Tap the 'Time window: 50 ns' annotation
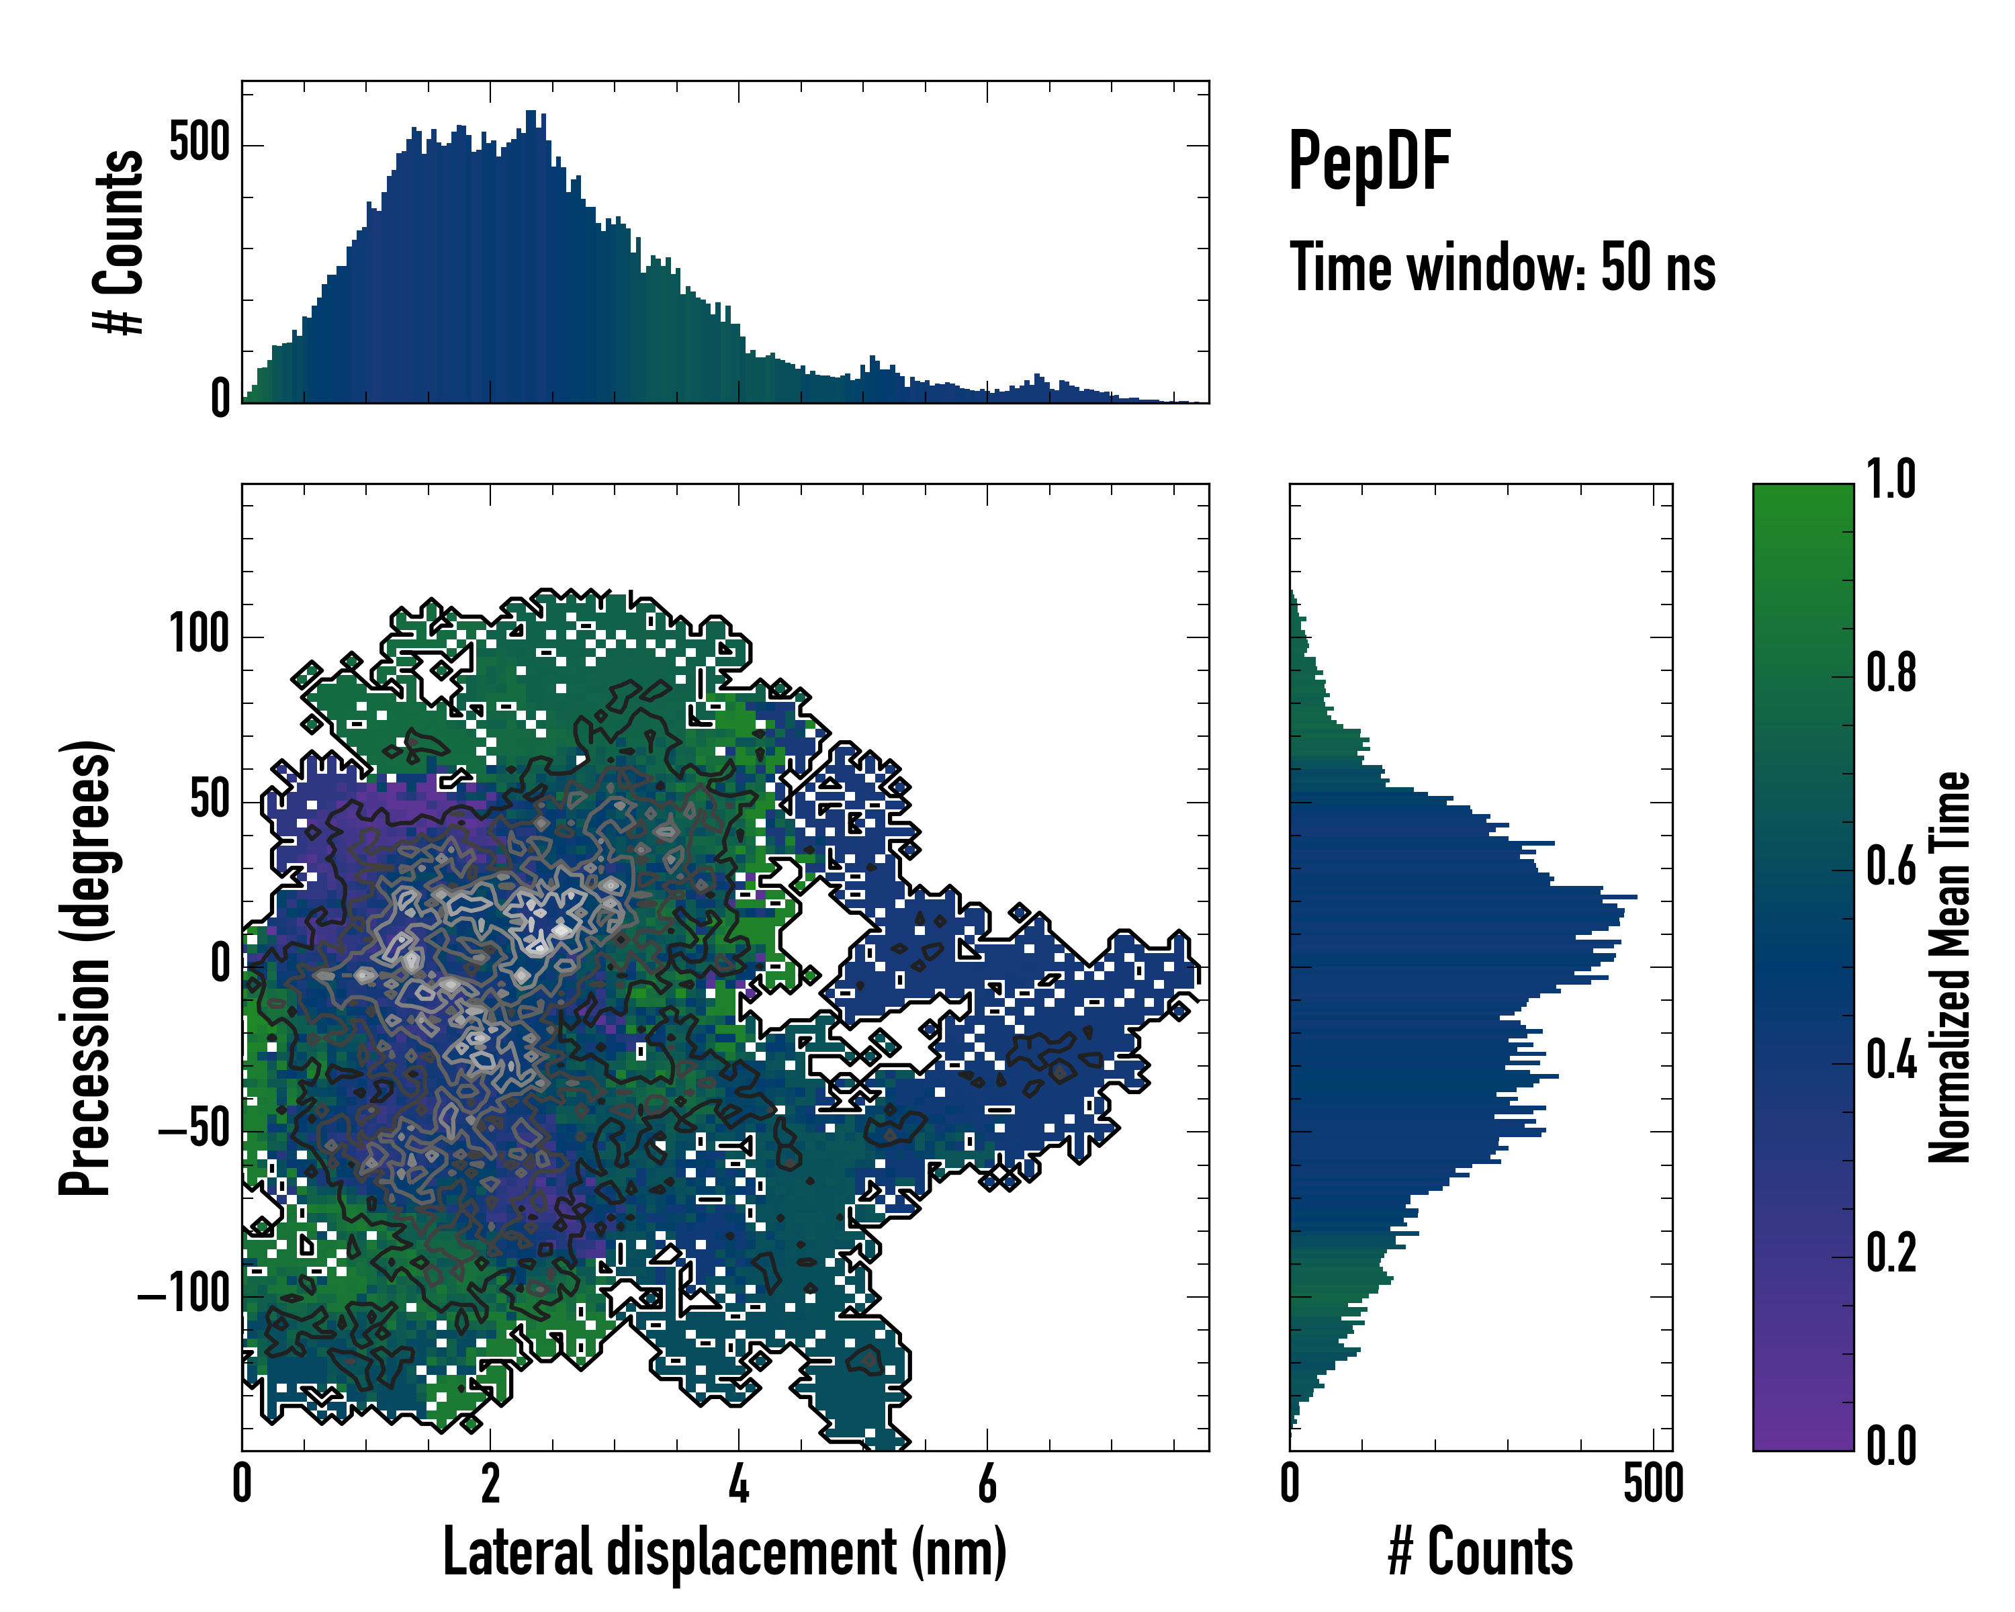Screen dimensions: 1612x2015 tap(1502, 267)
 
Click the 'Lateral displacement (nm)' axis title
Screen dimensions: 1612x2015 tap(724, 1552)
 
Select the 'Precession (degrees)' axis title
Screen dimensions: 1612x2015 tap(86, 967)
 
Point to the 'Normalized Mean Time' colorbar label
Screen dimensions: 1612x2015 tap(1950, 967)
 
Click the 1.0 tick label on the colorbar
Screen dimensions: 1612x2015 tap(1891, 480)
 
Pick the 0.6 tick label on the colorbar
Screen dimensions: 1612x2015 tap(1891, 866)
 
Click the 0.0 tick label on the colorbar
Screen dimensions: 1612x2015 tap(1891, 1445)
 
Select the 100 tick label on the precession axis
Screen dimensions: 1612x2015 tap(199, 635)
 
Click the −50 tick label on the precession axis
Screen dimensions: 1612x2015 tap(193, 1130)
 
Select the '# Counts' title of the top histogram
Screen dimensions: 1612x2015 tap(120, 242)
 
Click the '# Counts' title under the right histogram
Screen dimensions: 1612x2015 tap(1480, 1552)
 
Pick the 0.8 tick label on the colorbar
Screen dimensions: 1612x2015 tap(1891, 674)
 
